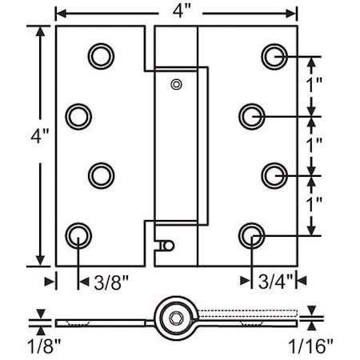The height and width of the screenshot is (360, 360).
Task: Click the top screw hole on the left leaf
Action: (100, 55)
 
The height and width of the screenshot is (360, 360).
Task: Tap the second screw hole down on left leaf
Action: (78, 115)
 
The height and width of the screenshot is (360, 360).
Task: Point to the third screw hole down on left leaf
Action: (100, 174)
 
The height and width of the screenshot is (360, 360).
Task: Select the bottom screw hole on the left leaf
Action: (78, 234)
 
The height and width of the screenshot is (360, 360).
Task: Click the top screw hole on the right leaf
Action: (274, 55)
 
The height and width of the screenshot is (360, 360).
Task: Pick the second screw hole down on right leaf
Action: (252, 115)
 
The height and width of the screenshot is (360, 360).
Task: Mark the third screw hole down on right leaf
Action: (274, 174)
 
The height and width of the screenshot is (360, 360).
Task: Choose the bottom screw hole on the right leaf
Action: (252, 234)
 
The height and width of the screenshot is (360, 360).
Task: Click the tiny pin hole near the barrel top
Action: (175, 83)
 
